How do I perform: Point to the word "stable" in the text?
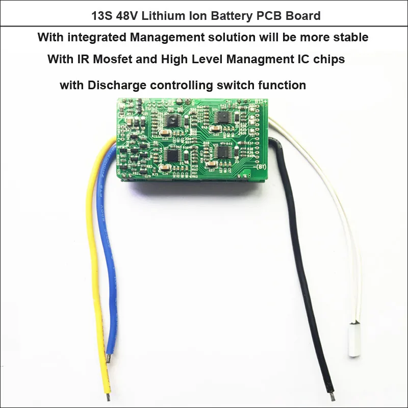(351, 37)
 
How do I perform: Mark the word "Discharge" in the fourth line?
(113, 85)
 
